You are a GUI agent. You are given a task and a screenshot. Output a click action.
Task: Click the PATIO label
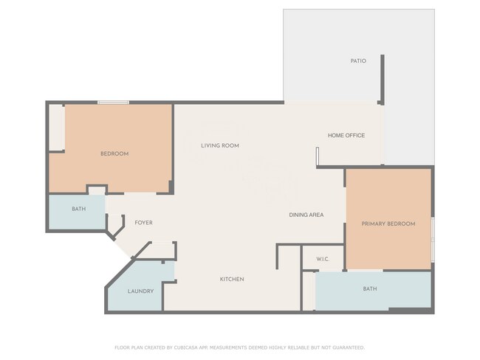pyautogui.click(x=358, y=60)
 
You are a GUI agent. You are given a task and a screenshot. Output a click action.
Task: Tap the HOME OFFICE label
pyautogui.click(x=346, y=135)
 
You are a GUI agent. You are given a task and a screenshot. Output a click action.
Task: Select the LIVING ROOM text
pyautogui.click(x=220, y=145)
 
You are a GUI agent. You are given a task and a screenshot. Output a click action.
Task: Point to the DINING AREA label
pyautogui.click(x=306, y=215)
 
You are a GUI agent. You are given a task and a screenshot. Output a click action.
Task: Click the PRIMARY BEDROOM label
pyautogui.click(x=388, y=224)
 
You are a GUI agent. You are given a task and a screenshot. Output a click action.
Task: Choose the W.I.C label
pyautogui.click(x=322, y=259)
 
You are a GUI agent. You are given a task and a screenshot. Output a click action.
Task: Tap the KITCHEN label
pyautogui.click(x=232, y=279)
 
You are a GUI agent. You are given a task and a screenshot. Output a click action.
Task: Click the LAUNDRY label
pyautogui.click(x=140, y=291)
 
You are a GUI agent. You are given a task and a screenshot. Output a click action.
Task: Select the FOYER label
pyautogui.click(x=143, y=222)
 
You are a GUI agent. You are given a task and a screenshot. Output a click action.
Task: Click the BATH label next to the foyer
pyautogui.click(x=78, y=209)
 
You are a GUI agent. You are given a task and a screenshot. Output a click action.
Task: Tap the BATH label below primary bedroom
pyautogui.click(x=370, y=288)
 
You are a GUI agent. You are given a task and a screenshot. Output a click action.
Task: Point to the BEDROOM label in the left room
pyautogui.click(x=114, y=153)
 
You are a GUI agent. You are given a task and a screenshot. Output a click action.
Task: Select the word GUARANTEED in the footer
pyautogui.click(x=346, y=347)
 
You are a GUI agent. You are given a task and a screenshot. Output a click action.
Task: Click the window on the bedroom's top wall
pyautogui.click(x=114, y=103)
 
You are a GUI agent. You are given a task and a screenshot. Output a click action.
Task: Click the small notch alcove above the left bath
pyautogui.click(x=96, y=190)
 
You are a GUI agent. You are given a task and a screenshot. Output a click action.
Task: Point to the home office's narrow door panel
pyautogui.click(x=317, y=157)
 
